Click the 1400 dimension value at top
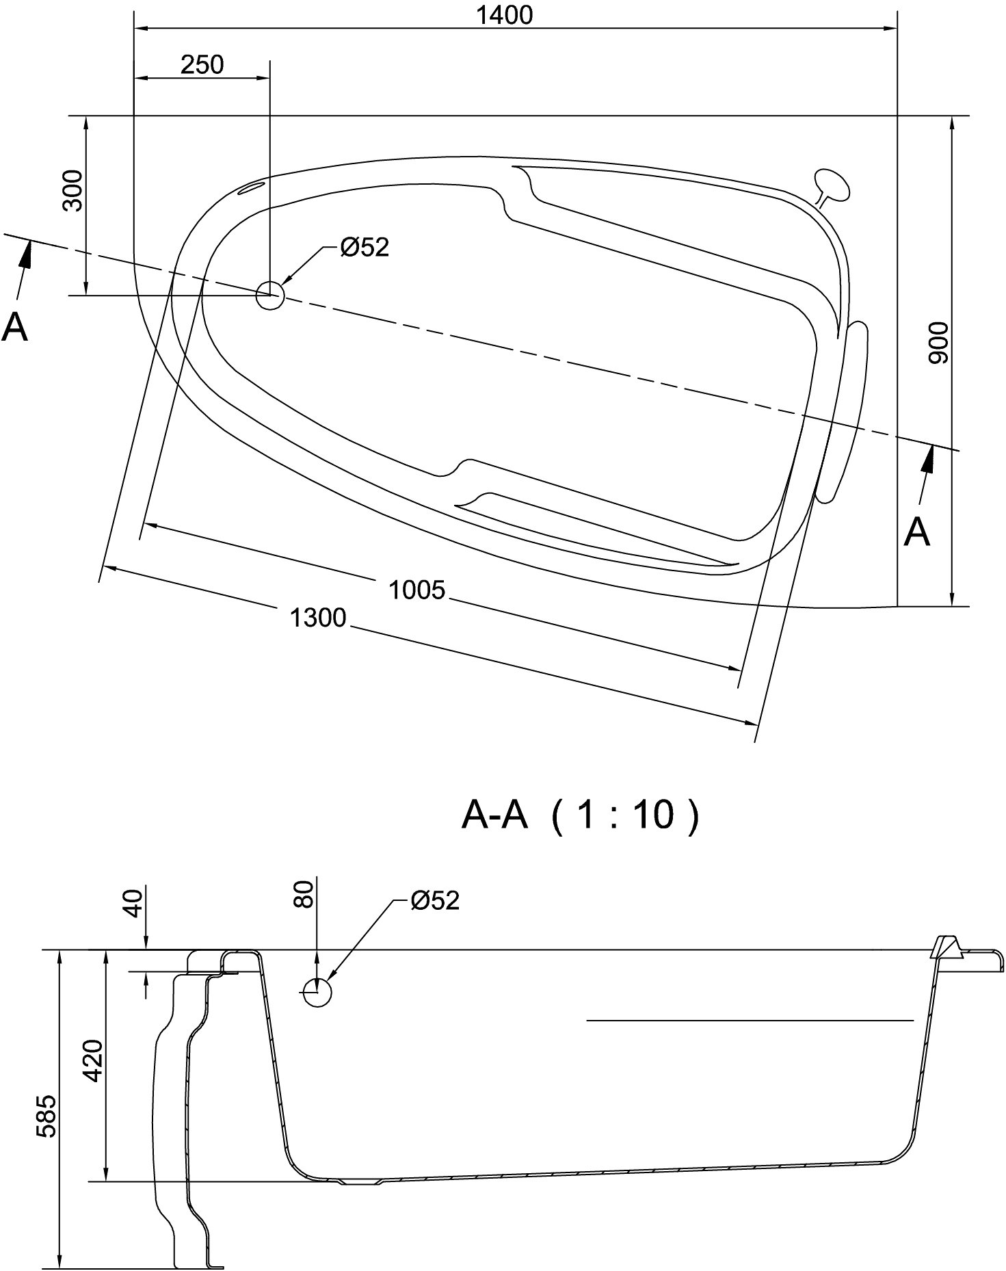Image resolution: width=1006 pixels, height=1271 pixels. click(x=504, y=15)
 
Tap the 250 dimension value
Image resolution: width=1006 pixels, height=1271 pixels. click(x=202, y=64)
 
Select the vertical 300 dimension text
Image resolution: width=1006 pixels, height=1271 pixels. click(x=73, y=191)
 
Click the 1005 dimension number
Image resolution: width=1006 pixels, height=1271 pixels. click(x=416, y=590)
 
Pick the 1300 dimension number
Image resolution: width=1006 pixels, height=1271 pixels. click(x=318, y=618)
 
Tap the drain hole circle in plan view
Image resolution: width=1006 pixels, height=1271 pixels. click(x=269, y=296)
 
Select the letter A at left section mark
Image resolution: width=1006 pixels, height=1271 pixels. click(x=15, y=327)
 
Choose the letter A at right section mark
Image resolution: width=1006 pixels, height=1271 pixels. click(x=916, y=532)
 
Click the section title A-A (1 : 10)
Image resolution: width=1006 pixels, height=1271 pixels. click(x=581, y=815)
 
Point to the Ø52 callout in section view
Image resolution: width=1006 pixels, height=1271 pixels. click(x=435, y=901)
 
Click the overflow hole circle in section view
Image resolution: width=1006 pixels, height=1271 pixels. click(x=317, y=992)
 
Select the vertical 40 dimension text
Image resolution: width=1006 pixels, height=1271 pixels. click(x=134, y=903)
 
